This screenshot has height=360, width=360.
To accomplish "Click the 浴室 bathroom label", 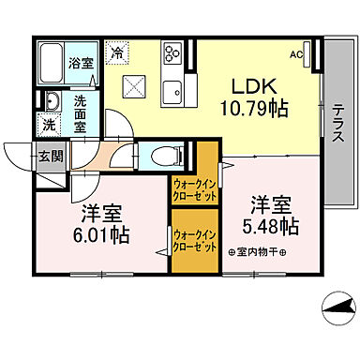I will (81, 65).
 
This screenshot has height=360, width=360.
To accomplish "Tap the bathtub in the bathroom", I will (53, 63).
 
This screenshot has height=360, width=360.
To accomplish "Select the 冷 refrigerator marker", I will (117, 53).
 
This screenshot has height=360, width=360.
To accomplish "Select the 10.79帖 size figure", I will (252, 110).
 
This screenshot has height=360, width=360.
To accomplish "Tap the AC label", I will (296, 55).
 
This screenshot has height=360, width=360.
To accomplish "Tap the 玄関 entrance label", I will (51, 157).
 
